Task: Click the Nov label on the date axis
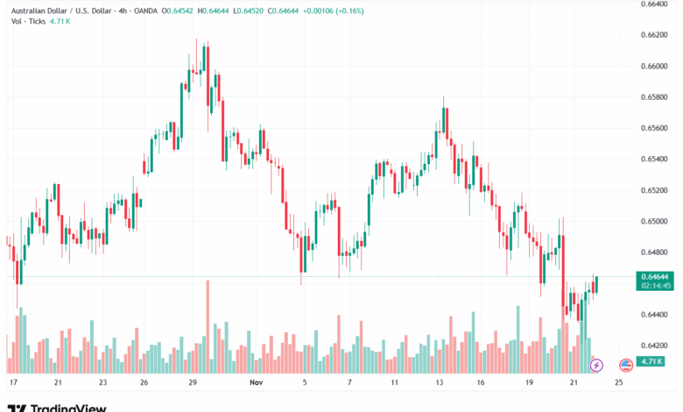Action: pos(257,383)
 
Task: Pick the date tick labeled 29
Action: pos(192,383)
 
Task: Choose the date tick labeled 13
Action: pos(440,383)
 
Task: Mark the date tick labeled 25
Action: pos(619,383)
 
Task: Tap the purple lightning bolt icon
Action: pos(597,364)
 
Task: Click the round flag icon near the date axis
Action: pos(626,364)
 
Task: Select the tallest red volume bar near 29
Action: pos(208,327)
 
